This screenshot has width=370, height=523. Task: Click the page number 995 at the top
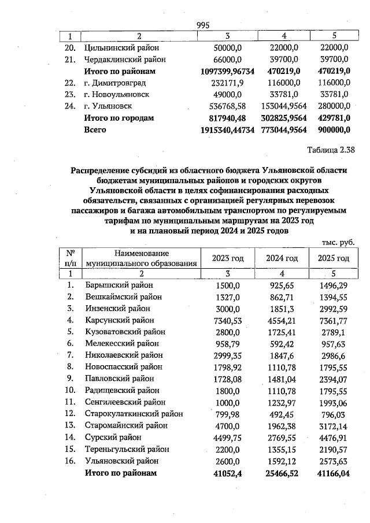[203, 25]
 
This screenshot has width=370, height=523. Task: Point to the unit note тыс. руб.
[337, 243]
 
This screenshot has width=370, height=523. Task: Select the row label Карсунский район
[120, 320]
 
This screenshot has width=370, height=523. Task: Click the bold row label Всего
[96, 130]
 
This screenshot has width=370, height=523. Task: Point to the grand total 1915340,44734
[219, 130]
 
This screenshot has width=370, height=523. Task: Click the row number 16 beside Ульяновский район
[70, 461]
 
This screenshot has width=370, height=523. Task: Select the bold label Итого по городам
[119, 118]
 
